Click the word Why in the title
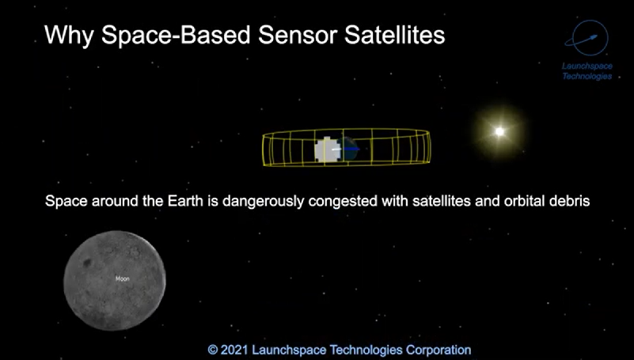pyautogui.click(x=69, y=36)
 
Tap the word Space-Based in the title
pyautogui.click(x=176, y=36)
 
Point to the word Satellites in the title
pyautogui.click(x=395, y=35)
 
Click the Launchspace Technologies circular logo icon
pyautogui.click(x=587, y=38)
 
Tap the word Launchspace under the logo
pyautogui.click(x=587, y=66)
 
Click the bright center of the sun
pyautogui.click(x=499, y=131)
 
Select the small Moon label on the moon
pyautogui.click(x=123, y=279)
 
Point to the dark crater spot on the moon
pyautogui.click(x=87, y=263)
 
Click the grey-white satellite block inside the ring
pyautogui.click(x=328, y=150)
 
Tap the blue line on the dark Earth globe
pyautogui.click(x=351, y=149)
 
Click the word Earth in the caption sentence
pyautogui.click(x=185, y=201)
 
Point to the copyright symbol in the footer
pyautogui.click(x=213, y=350)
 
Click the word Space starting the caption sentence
pyautogui.click(x=66, y=201)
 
